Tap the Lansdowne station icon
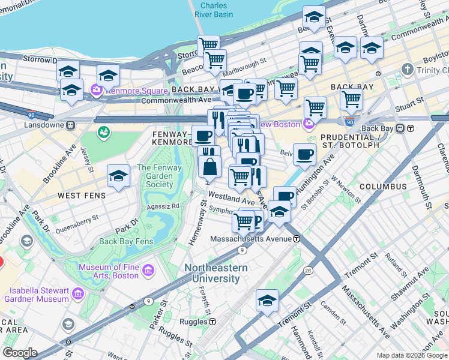click(x=71, y=125)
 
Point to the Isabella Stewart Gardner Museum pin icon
click(x=77, y=294)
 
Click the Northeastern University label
click(x=212, y=273)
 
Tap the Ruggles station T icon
click(x=212, y=321)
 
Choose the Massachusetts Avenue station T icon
click(x=297, y=238)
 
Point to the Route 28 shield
click(x=307, y=271)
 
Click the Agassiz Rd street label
click(x=166, y=206)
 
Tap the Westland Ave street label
click(x=231, y=197)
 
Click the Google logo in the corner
click(x=20, y=353)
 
